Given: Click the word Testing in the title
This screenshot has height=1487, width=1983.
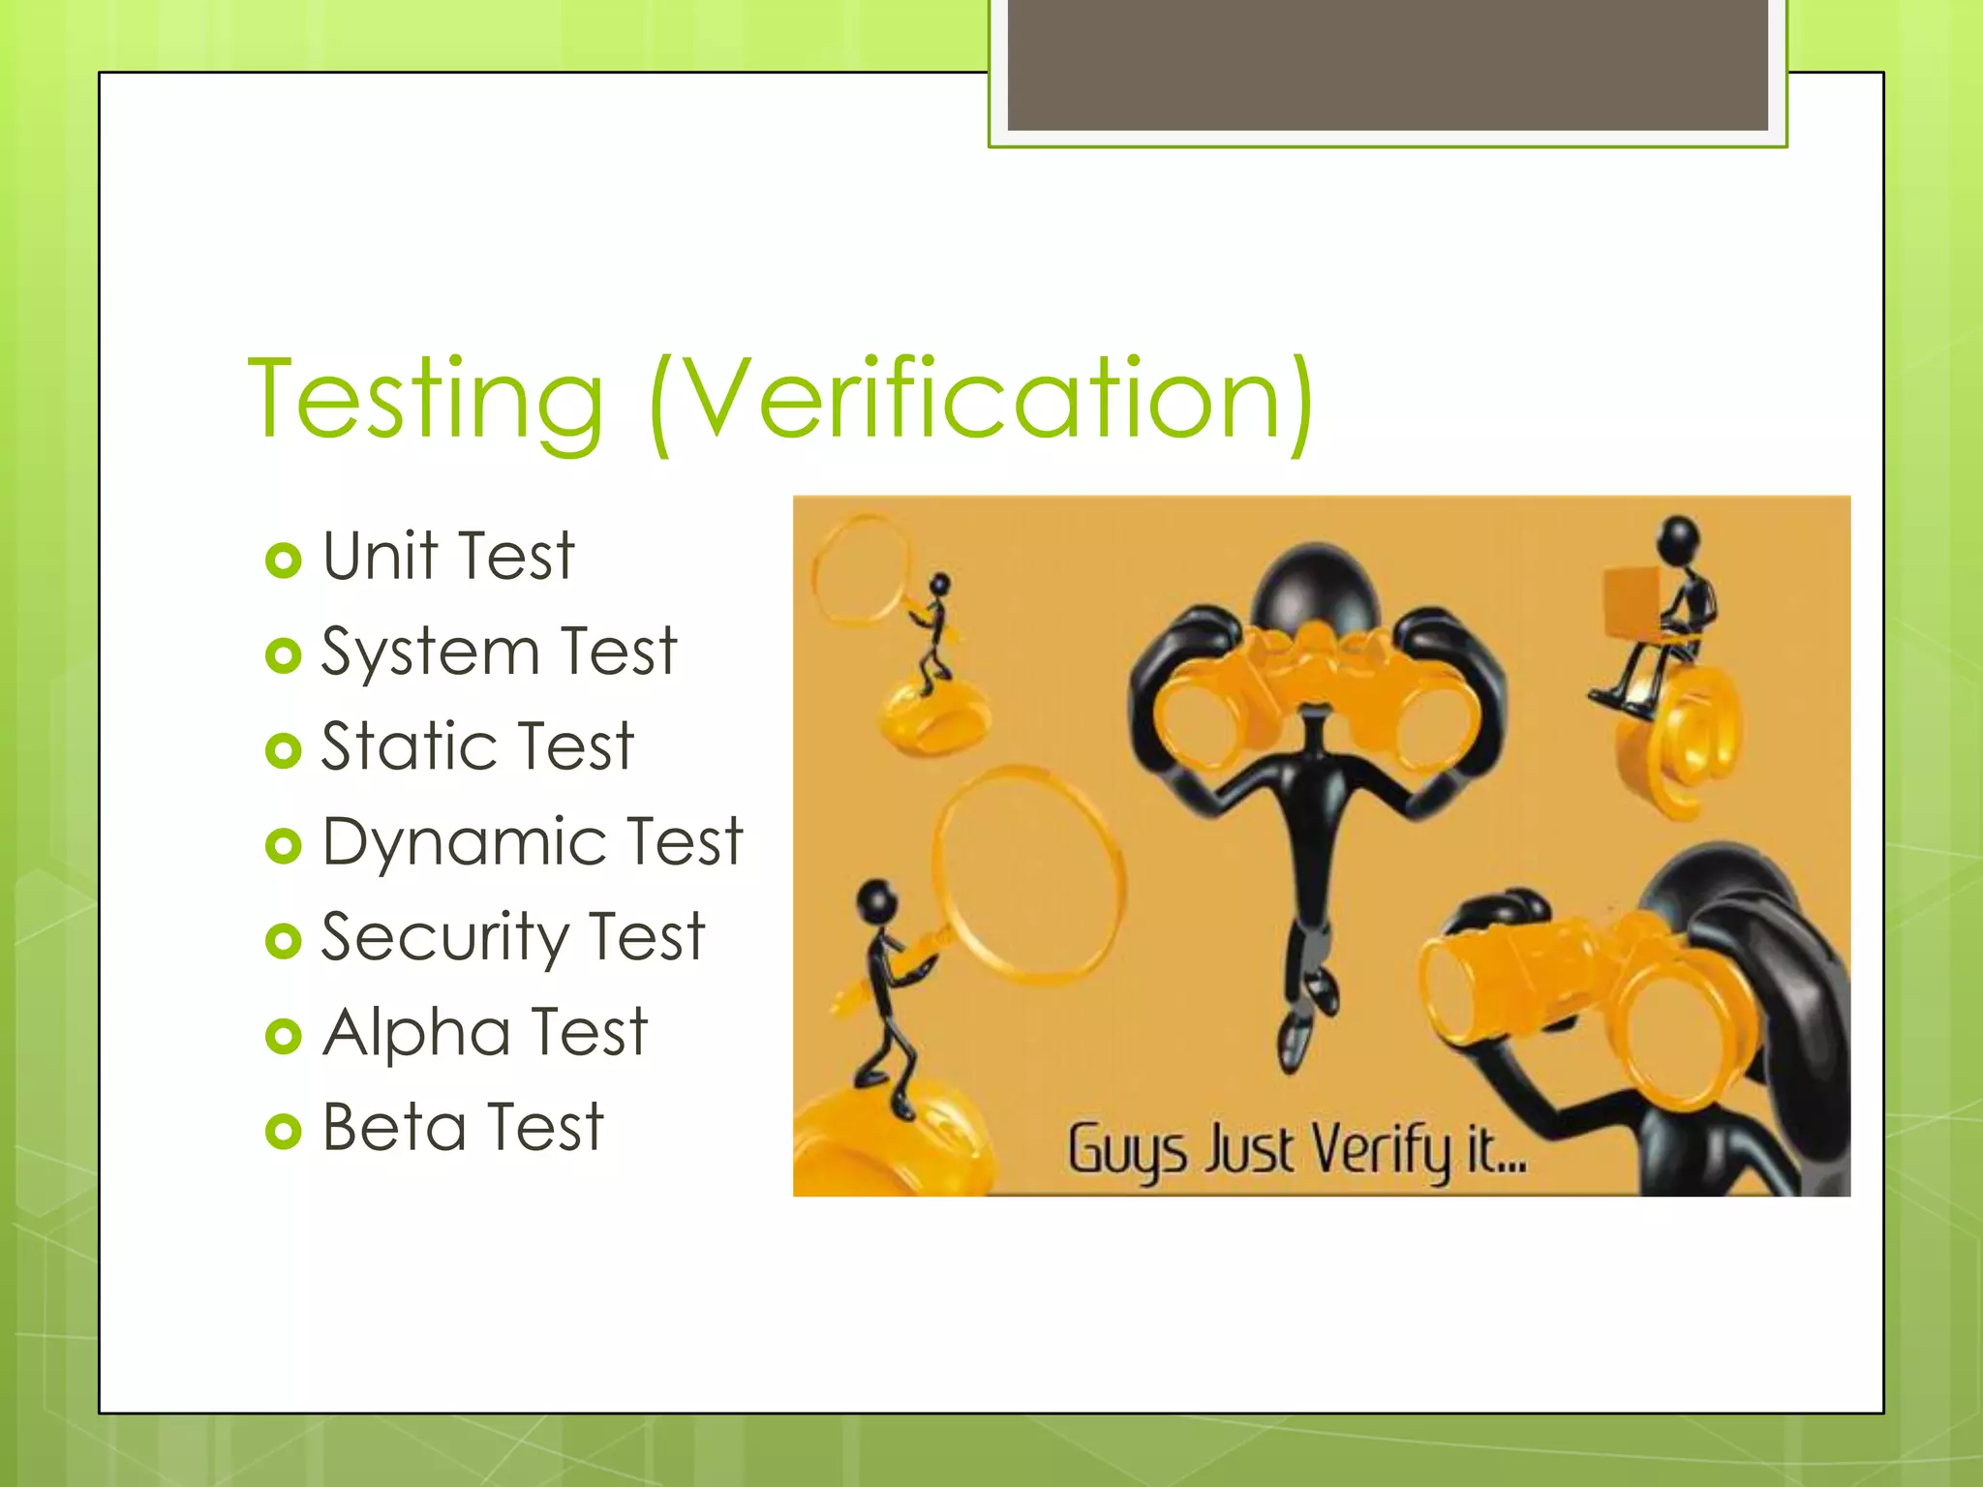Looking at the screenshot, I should pos(426,399).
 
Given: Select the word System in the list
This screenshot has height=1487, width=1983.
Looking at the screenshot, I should pos(430,652).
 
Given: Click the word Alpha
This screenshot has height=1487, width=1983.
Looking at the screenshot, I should pos(416,1032).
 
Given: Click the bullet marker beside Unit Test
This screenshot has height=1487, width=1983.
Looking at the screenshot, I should pos(283,561).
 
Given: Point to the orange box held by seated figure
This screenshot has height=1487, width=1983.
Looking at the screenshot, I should pos(1632,602).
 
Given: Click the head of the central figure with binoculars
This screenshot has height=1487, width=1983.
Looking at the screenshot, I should pos(1314,588).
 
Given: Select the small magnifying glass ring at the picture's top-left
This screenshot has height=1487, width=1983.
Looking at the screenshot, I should pos(860,569).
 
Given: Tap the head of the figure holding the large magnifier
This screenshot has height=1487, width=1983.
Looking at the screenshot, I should pos(877,901).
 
